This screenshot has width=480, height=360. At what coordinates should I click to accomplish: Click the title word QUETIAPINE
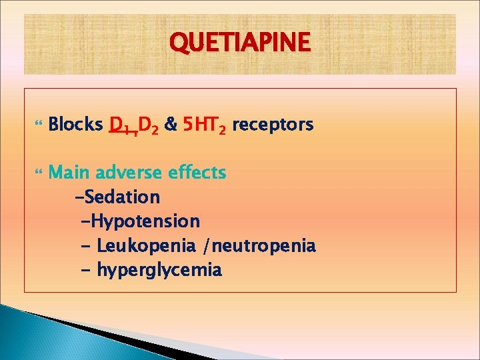coord(240,43)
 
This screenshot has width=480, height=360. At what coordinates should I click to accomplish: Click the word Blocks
coord(76,125)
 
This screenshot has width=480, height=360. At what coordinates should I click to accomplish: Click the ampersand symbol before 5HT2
coord(171,125)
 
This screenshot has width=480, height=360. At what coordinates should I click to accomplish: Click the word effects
coord(197,173)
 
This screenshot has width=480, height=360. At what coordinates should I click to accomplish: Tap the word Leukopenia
coord(148,245)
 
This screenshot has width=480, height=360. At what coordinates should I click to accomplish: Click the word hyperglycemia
coord(159,270)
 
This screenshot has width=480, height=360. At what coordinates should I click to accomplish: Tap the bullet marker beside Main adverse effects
coord(36,173)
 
